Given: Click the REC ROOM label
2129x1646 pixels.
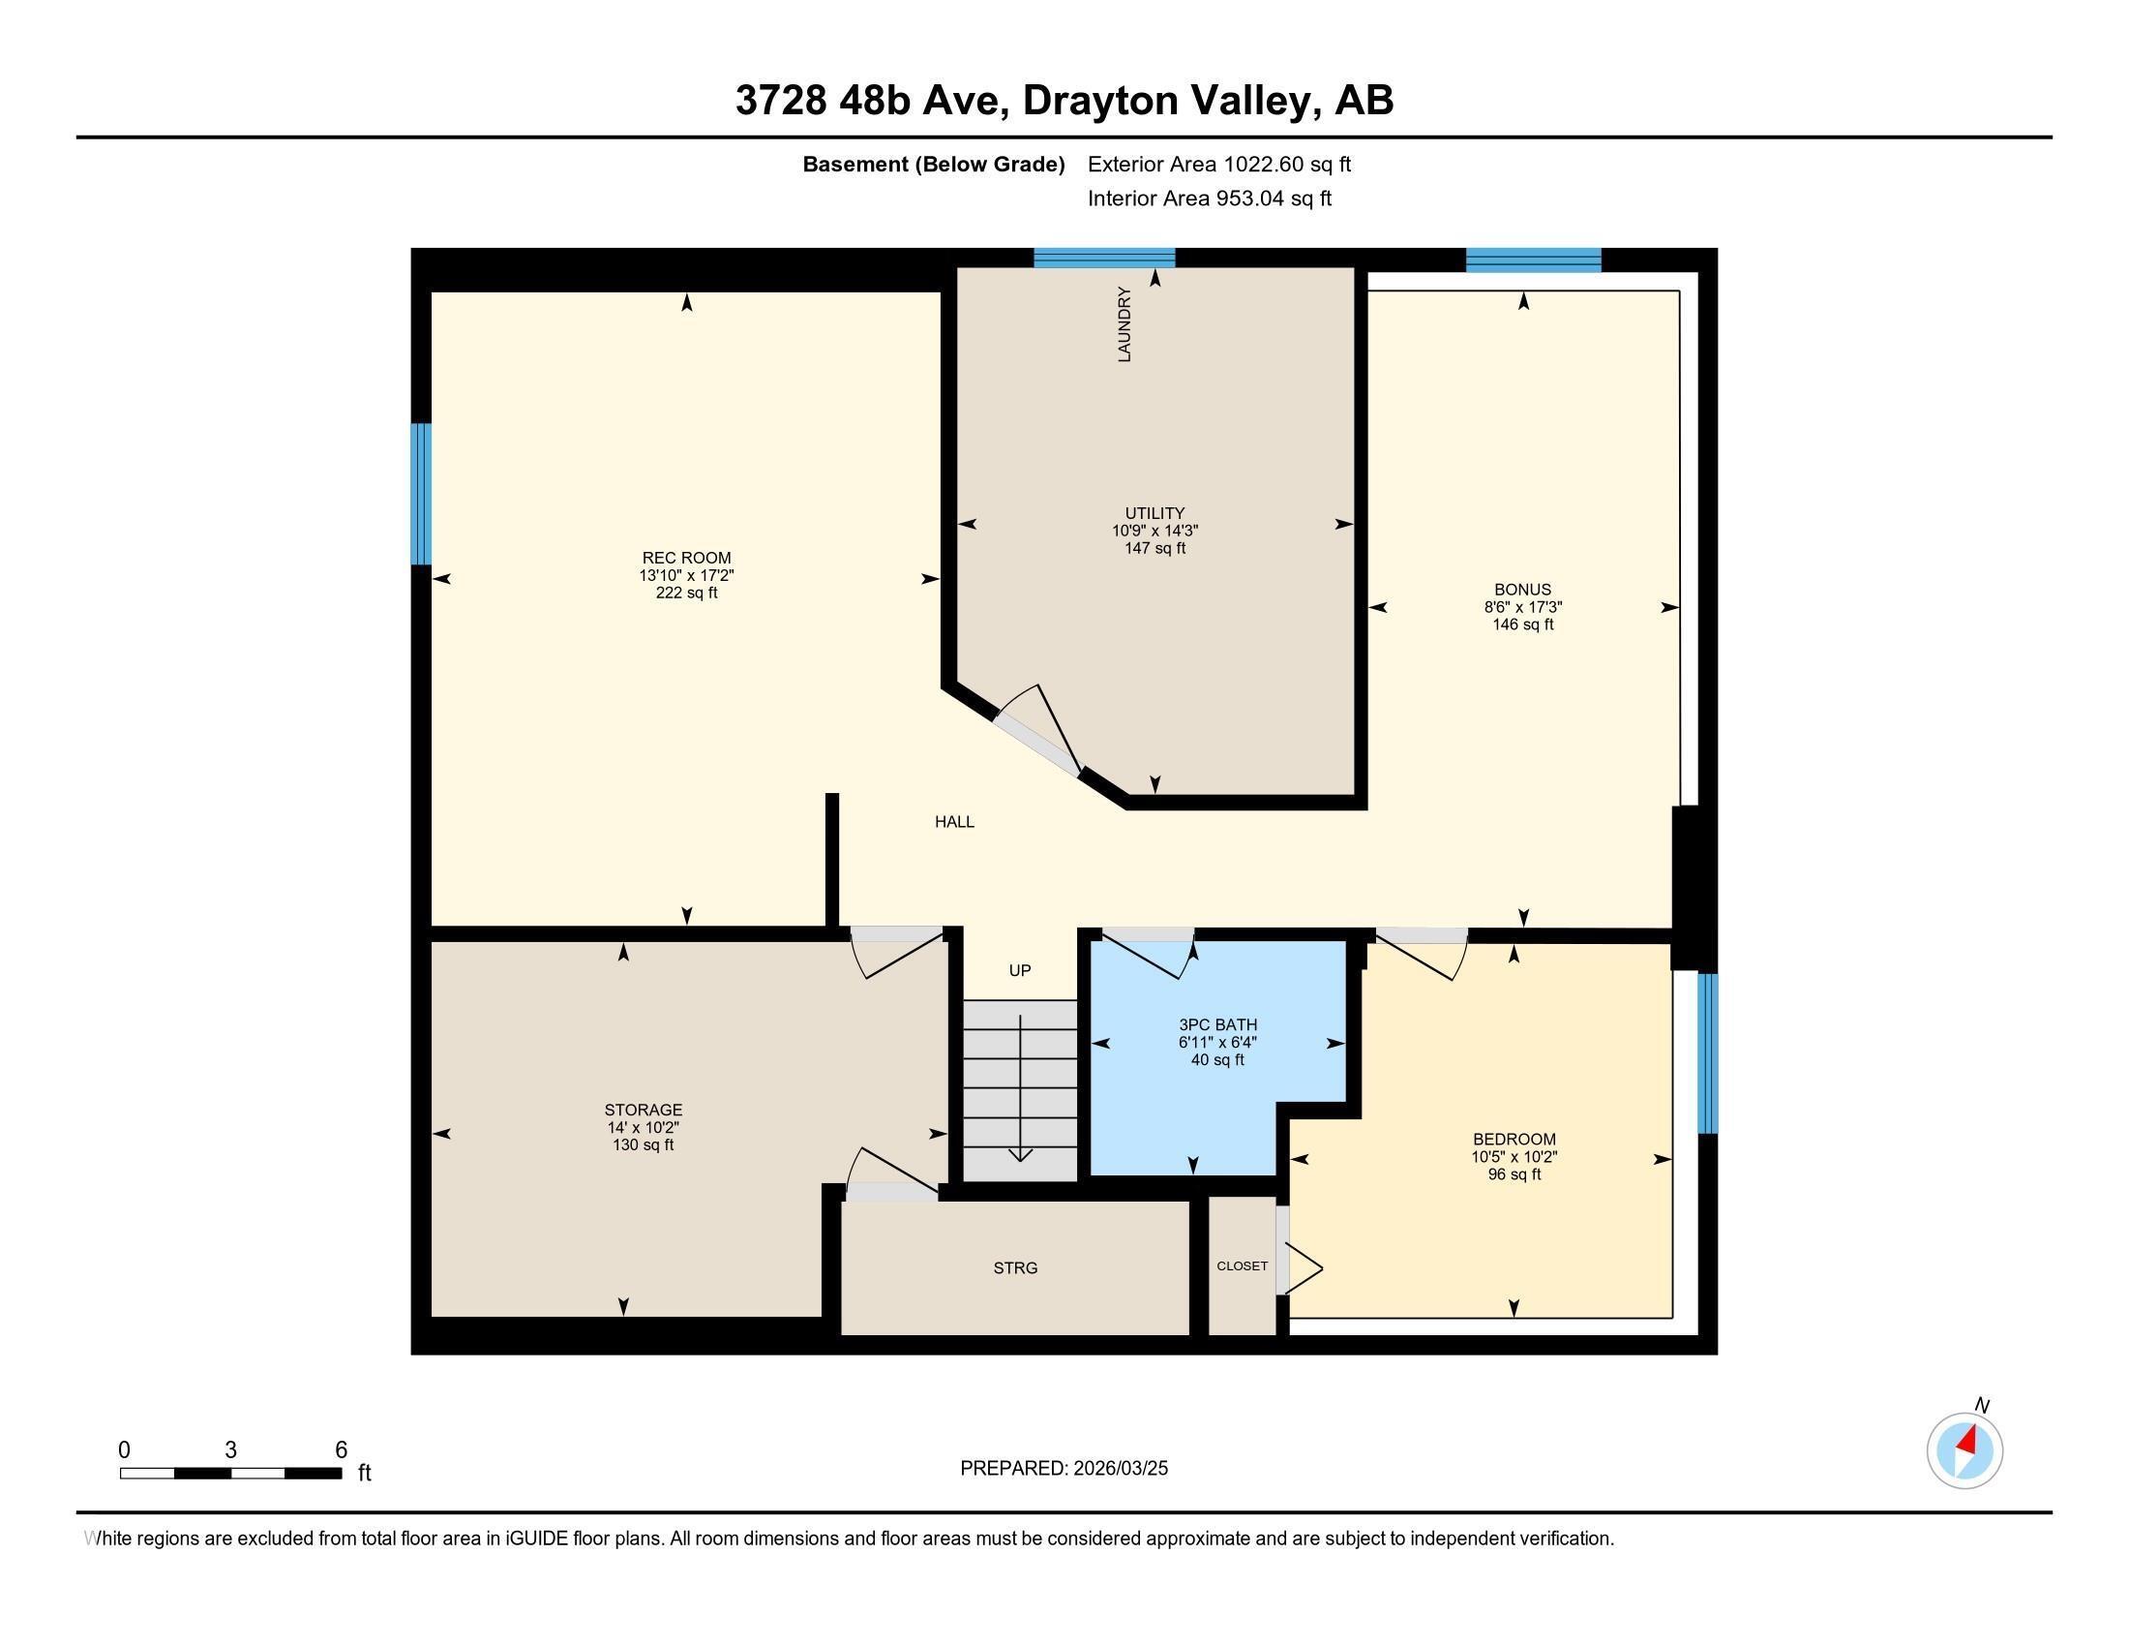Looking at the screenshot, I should point(686,558).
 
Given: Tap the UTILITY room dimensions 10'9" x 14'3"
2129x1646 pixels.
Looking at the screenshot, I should point(1154,531).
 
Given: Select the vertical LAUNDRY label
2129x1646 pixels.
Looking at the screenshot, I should point(1124,324).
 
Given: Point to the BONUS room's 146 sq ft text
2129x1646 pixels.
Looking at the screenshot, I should point(1521,625).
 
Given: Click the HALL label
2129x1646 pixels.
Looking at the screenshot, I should point(953,822).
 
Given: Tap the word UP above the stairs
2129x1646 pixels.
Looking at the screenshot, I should point(1020,970).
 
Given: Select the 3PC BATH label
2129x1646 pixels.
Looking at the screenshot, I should point(1217,1024).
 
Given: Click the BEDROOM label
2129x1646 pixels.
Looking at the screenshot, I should point(1513,1139).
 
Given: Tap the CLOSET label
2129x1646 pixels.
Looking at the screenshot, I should point(1242,1265).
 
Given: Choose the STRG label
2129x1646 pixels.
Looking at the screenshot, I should point(1015,1267).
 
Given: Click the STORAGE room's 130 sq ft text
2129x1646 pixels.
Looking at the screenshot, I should point(643,1144).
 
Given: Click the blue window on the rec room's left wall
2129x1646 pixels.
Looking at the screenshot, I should point(421,494).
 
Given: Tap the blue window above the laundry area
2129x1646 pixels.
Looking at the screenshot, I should point(1103,259).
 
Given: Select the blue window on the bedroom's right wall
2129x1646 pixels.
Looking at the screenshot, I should point(1707,1053).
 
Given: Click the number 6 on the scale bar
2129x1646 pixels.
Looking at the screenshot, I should point(342,1450).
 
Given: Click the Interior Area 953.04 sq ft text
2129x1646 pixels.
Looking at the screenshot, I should point(1209,198).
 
